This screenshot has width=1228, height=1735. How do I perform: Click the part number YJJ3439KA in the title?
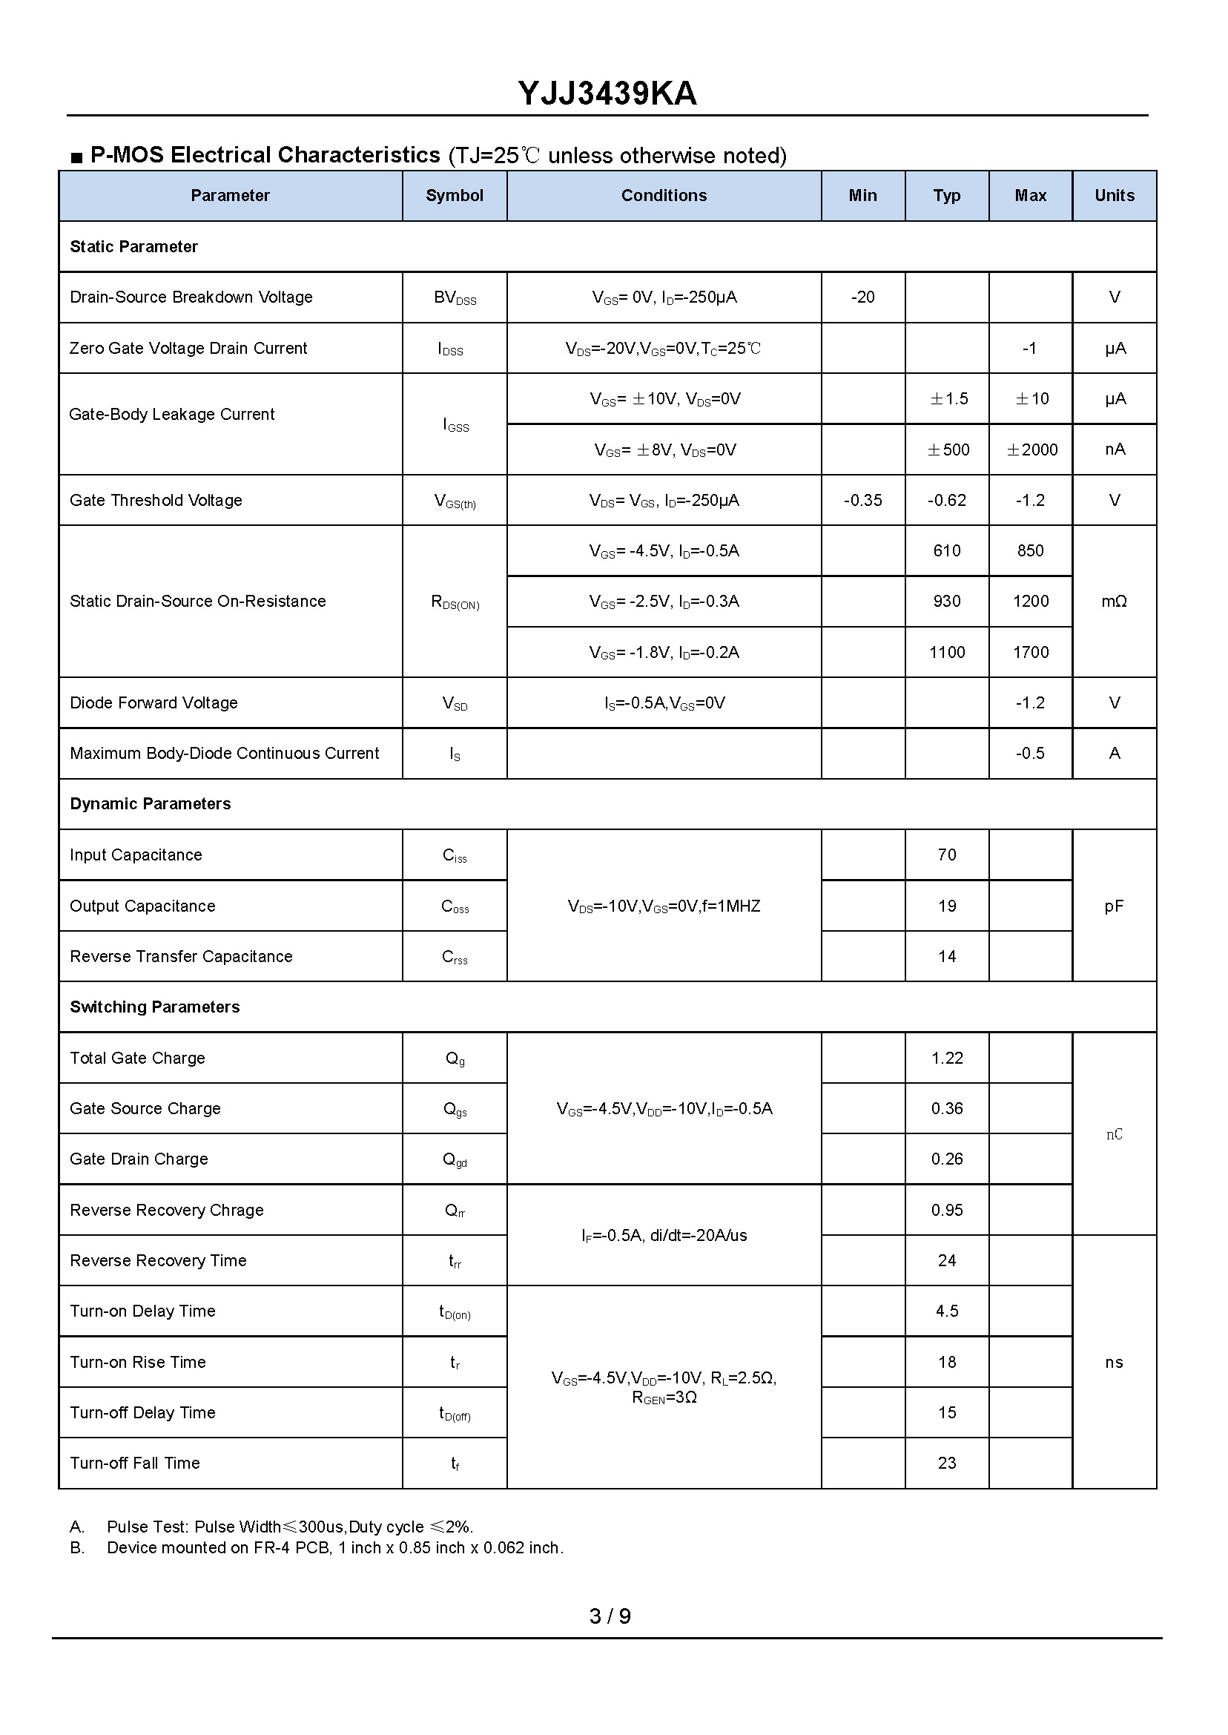click(607, 93)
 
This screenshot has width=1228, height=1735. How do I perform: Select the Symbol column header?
click(454, 195)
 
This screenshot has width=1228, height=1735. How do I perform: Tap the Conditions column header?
click(663, 195)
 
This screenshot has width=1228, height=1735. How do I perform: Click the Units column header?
click(1114, 195)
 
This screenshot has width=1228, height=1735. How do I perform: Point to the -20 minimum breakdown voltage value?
click(862, 297)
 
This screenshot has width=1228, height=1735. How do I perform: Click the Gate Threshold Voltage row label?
click(156, 500)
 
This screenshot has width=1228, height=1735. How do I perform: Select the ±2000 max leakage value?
click(1031, 450)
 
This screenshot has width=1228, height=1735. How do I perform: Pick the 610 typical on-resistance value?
click(946, 550)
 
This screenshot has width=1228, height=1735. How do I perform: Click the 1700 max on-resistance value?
click(1031, 652)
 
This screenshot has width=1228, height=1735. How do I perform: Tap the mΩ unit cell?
click(1114, 602)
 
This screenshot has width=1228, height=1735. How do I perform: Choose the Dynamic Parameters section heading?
click(151, 803)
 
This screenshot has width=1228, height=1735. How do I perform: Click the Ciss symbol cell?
click(455, 855)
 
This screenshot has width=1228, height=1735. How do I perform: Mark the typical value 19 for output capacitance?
click(947, 906)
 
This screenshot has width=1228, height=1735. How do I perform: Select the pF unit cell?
click(1114, 906)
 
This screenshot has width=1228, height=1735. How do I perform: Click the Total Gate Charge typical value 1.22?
click(947, 1058)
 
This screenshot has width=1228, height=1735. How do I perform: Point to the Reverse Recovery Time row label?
click(158, 1260)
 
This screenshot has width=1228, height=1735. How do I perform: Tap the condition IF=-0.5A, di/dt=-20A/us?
click(664, 1235)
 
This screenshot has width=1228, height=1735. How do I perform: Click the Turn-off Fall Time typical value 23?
click(947, 1463)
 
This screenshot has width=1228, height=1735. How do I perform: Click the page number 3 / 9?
click(610, 1616)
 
